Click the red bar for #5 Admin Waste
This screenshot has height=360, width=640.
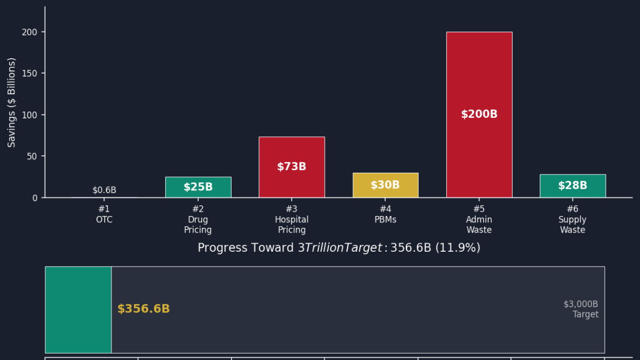(x=479, y=80)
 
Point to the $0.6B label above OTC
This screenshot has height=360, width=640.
(x=104, y=190)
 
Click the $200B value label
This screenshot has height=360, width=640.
(x=479, y=114)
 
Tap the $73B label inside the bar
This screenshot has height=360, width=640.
(x=292, y=166)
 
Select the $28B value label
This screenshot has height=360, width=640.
(x=572, y=186)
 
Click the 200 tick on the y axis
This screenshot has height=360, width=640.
(x=30, y=32)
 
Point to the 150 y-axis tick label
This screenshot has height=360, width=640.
(x=30, y=74)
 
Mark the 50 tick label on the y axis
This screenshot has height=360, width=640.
(x=33, y=156)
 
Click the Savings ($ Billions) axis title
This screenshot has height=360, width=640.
(x=12, y=102)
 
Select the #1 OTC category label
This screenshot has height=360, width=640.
(x=104, y=214)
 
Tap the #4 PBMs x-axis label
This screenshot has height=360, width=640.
(x=385, y=214)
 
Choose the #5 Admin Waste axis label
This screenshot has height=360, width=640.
(x=479, y=220)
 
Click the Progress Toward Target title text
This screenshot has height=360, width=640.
(x=339, y=248)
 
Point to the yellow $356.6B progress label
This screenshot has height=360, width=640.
(x=143, y=309)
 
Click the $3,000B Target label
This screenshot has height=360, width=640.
(x=581, y=309)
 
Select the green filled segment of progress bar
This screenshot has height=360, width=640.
(x=78, y=309)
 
